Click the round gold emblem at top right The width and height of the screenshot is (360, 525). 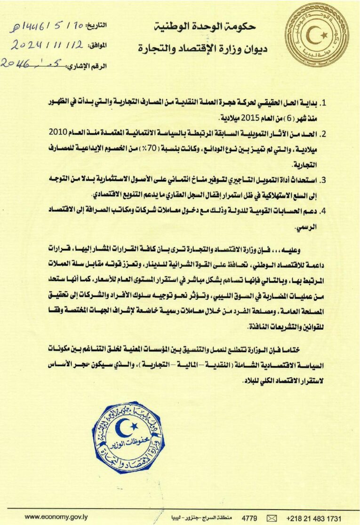coord(319,33)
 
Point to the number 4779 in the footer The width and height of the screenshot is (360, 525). coord(249,518)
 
